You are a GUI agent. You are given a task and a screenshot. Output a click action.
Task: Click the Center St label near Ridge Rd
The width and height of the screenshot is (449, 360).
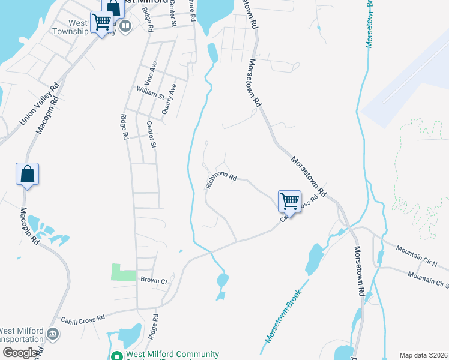[x=151, y=135]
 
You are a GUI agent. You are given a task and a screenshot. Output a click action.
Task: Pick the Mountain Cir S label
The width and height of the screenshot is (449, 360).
[x=427, y=278]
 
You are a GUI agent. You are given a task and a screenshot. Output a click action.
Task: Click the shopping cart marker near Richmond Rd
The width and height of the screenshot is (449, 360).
[x=289, y=201]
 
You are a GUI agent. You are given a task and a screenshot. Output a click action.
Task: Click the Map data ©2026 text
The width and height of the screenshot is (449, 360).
[x=424, y=355]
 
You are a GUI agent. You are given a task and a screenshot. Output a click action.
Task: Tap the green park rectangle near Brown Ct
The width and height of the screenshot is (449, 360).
[x=124, y=272]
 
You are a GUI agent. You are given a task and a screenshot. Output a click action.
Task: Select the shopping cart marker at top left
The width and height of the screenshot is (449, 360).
[x=102, y=23]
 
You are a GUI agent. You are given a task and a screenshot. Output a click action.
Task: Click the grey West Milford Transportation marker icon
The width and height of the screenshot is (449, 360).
[x=53, y=334]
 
